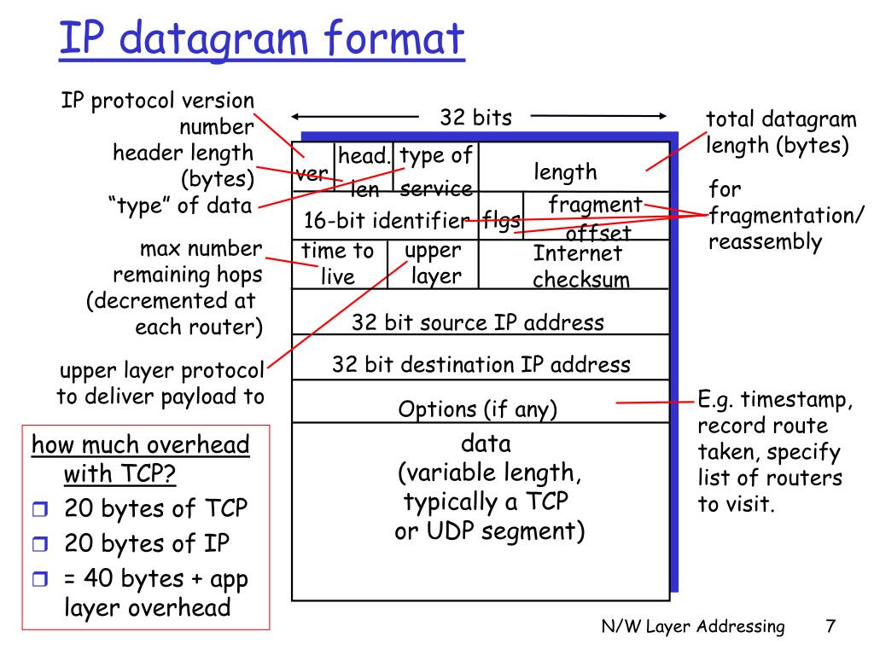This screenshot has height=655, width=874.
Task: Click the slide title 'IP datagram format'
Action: coord(262,40)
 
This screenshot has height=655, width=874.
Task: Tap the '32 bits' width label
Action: coord(475,118)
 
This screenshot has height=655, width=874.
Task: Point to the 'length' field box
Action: coord(566,171)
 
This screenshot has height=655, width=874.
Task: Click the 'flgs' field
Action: coord(501,221)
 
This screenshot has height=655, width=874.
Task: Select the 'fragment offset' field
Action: coord(595,217)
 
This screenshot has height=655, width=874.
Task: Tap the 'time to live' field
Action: coord(338,264)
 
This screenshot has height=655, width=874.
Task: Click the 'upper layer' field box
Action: coord(434,264)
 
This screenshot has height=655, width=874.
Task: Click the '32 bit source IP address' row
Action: coord(478,322)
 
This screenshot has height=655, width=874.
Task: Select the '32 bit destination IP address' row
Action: coord(481,365)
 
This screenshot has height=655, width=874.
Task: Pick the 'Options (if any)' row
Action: coord(478,409)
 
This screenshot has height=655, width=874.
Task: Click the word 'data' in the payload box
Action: coord(485,443)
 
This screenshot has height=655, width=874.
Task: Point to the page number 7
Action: coord(830,627)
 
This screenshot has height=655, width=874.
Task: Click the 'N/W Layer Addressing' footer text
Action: coord(692,627)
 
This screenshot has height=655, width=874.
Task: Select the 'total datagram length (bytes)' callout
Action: coord(778,132)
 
